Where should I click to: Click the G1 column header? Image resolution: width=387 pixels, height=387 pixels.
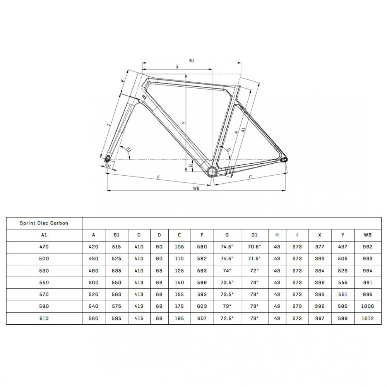pos(254,235)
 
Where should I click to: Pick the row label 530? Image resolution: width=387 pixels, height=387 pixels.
pos(44,271)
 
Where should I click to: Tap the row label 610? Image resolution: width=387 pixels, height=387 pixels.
pos(44,319)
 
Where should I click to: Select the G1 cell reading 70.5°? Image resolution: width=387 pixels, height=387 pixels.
pos(254,247)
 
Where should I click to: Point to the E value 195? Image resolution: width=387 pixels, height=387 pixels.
pos(179,319)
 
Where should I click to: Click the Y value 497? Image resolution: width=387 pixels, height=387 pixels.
pos(342,247)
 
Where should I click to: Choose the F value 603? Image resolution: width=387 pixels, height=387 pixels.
pos(202,307)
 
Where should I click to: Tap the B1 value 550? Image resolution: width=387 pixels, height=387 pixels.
pos(116,283)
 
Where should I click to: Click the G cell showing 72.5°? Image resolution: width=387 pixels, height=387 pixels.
pos(227,319)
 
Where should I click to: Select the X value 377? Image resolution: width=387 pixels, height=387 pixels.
pos(320,247)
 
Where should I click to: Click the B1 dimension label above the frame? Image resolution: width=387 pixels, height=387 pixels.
pos(191,61)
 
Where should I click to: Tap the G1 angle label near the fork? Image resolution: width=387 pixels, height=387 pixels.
pos(128,149)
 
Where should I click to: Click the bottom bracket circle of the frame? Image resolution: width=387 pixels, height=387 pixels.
pos(212,171)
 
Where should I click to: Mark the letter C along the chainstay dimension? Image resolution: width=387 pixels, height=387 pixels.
pos(250,177)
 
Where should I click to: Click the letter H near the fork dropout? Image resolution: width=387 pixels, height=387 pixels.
pos(110,166)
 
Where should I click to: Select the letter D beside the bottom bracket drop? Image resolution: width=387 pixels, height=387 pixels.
pos(190,165)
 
